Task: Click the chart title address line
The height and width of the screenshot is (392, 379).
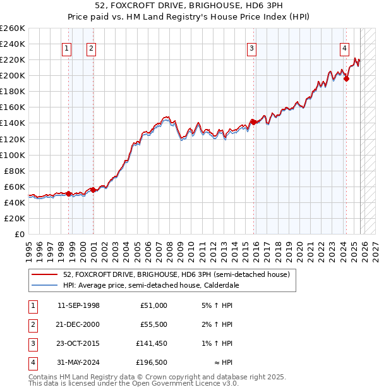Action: (189, 6)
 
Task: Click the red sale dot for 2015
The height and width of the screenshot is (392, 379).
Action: (253, 121)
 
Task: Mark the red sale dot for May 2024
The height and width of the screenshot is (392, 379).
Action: (346, 78)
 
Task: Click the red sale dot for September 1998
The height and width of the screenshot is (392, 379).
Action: (68, 193)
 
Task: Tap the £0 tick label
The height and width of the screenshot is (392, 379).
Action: (19, 234)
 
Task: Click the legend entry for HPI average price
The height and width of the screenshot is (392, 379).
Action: (150, 285)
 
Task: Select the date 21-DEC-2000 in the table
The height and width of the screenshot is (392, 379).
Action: (78, 325)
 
